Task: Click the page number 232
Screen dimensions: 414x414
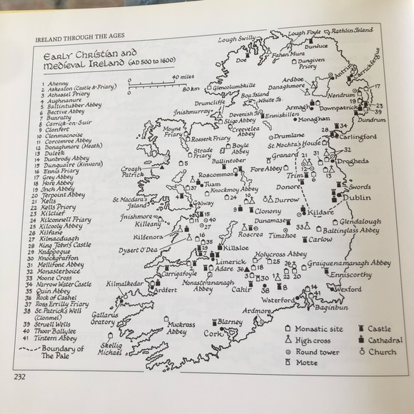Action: coord(21,376)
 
